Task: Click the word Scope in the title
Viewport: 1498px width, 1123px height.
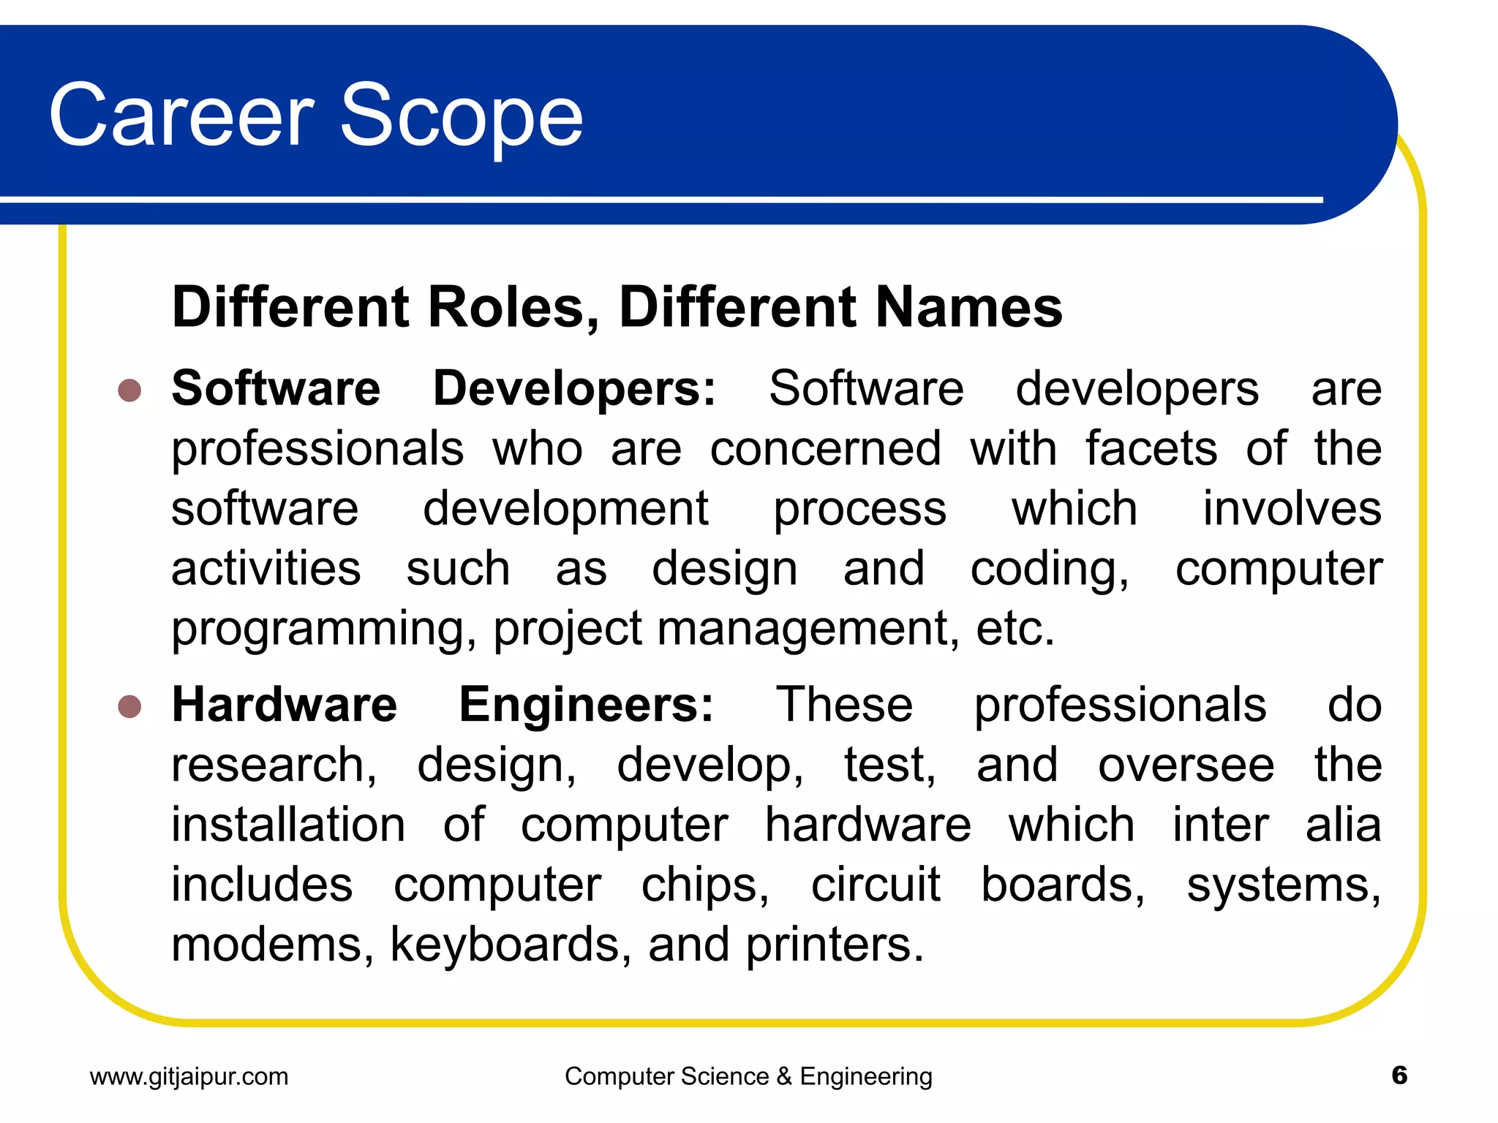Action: [462, 116]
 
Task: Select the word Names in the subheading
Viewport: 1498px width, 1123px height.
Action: [968, 307]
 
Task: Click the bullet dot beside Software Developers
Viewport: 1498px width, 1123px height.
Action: [129, 390]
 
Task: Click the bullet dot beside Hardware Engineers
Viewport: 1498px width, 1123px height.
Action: [129, 706]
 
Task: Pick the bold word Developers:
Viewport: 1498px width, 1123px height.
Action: [574, 388]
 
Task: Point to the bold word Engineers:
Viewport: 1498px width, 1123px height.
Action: [586, 705]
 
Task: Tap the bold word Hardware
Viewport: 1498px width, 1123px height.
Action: [285, 705]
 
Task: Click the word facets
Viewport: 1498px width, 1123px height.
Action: [1151, 448]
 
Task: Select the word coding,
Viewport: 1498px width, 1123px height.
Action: [1050, 569]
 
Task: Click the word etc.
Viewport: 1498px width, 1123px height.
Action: [1015, 629]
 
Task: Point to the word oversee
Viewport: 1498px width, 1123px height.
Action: [1186, 765]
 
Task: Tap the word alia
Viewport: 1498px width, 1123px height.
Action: [1344, 825]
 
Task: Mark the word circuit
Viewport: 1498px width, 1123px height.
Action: [876, 885]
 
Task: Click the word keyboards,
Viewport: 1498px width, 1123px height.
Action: [511, 945]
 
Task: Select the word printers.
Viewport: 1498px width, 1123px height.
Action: [835, 945]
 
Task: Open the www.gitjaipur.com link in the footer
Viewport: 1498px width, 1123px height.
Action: [189, 1076]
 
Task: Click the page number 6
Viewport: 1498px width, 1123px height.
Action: [1399, 1075]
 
